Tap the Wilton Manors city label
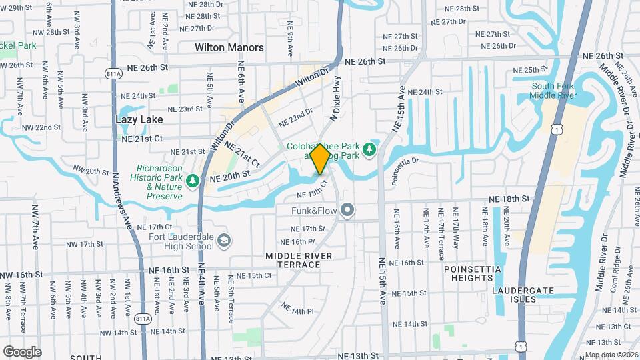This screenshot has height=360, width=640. [229, 48]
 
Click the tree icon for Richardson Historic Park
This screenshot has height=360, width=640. [193, 181]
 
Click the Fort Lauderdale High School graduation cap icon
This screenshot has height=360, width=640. [224, 240]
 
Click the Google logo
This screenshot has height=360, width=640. [22, 351]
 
